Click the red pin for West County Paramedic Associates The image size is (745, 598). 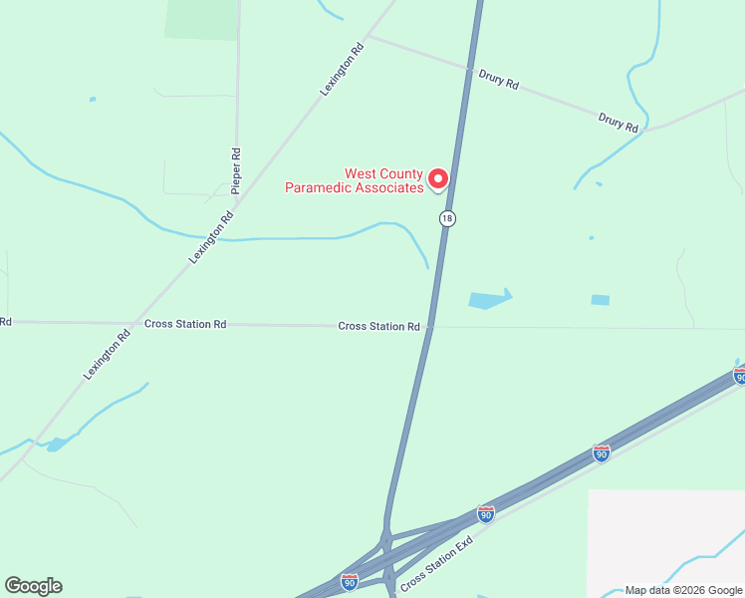coord(438,179)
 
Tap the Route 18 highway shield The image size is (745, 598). coord(448,218)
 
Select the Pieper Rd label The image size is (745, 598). coord(236,170)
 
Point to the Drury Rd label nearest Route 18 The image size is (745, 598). coord(498,80)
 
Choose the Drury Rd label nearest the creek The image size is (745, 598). coord(618,123)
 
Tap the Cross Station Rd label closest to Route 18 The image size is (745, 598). coord(378,326)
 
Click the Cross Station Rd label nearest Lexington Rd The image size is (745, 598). coord(185,324)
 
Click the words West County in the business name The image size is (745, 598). coord(383,173)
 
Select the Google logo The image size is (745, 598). coord(33,586)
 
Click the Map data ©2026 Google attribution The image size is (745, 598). coord(683,590)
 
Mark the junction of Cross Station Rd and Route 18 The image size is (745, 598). coord(430,326)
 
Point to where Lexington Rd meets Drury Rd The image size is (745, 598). coord(368,37)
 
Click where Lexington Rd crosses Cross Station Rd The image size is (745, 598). coord(133,323)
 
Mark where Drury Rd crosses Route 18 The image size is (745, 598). coord(469,69)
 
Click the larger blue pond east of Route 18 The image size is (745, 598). coord(488,299)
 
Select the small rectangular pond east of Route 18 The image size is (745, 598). coord(600,299)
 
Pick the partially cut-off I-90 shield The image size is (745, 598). coord(739,375)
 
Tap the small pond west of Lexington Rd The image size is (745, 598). coord(56,445)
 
